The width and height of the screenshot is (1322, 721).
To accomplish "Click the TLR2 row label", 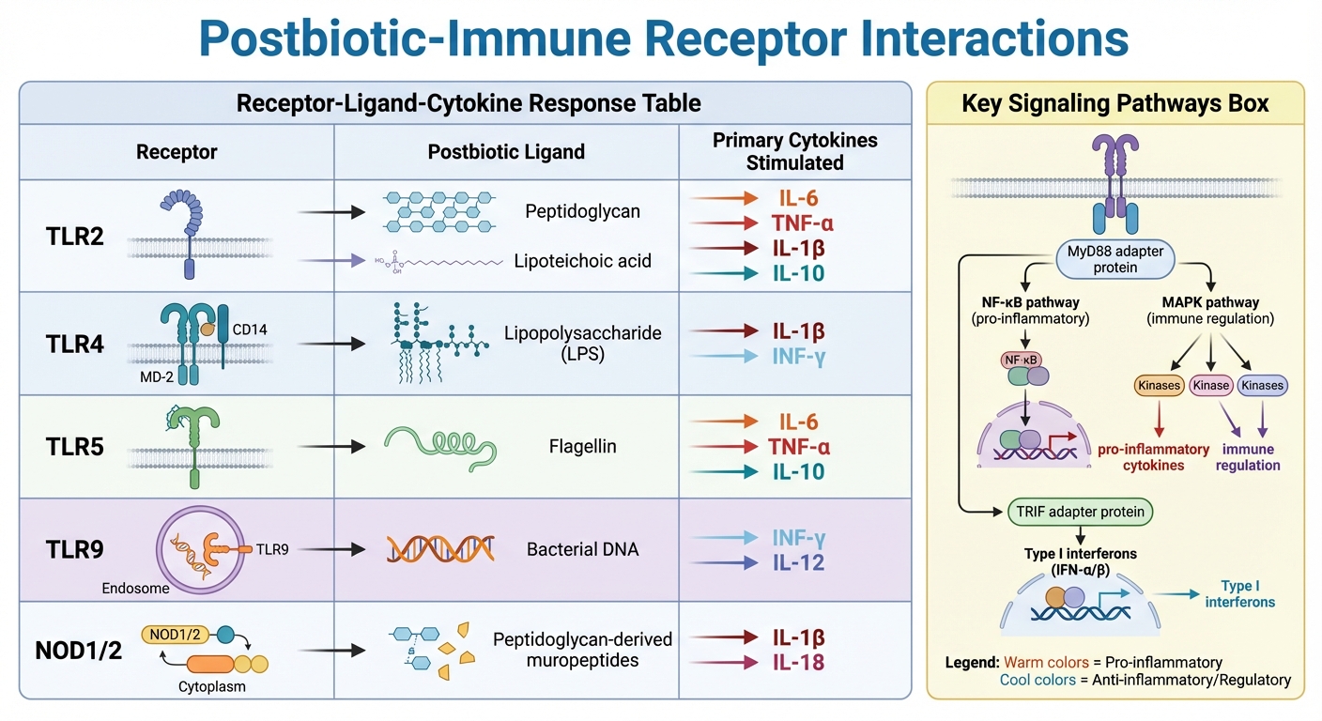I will [x=75, y=237].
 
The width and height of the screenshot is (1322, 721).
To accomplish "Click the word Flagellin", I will [x=582, y=446].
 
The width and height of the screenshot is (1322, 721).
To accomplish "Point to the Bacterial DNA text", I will [x=582, y=549].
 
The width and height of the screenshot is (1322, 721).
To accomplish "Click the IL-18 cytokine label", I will [x=800, y=663].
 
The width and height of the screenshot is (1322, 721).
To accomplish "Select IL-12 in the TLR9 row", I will [x=800, y=562].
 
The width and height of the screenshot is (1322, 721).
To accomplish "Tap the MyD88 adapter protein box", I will [x=1115, y=259].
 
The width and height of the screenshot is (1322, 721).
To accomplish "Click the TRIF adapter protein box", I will [x=1080, y=512].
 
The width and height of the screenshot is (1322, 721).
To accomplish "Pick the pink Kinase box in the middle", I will [x=1209, y=385].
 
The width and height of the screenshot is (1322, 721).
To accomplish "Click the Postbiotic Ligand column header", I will [x=506, y=151].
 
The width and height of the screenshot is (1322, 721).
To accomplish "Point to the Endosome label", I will [x=135, y=589].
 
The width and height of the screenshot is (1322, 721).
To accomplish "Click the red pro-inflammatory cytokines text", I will [x=1141, y=457].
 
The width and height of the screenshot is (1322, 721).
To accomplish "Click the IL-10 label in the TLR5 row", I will [x=800, y=471].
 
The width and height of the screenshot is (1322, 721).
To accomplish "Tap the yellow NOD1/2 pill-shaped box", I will [x=176, y=634].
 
